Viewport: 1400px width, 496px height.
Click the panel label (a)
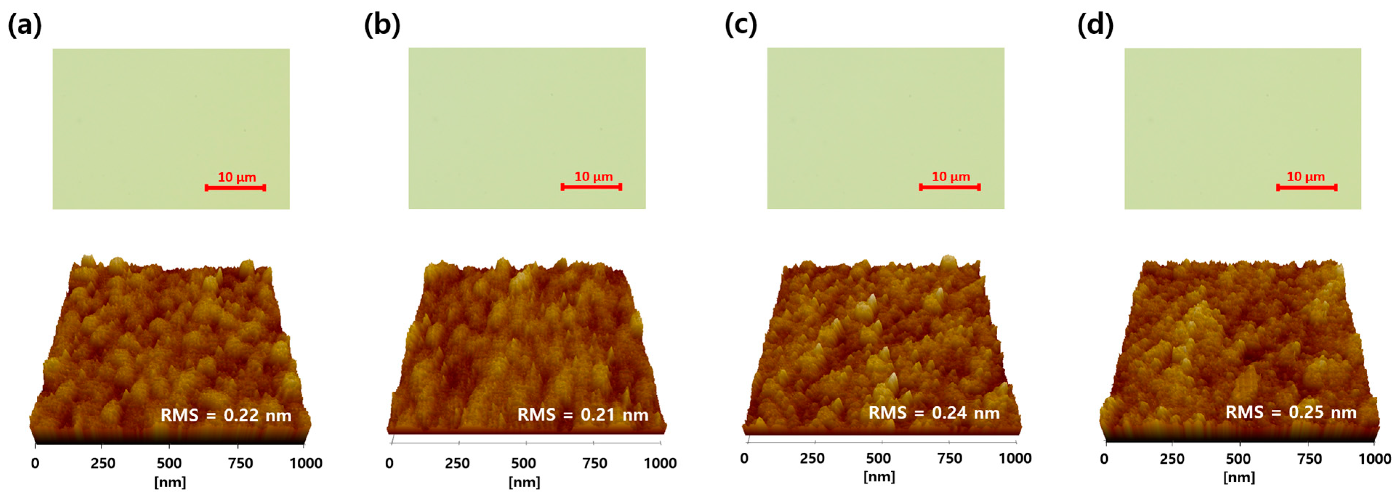click(24, 25)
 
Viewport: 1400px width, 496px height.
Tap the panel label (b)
click(382, 25)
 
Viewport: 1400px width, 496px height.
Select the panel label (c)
click(740, 25)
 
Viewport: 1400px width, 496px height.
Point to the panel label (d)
click(1095, 25)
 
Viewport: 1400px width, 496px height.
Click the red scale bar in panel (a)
click(235, 188)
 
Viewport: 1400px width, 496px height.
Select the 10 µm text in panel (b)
click(594, 177)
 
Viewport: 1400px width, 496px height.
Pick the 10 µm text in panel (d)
click(1306, 177)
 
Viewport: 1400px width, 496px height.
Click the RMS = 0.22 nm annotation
click(226, 416)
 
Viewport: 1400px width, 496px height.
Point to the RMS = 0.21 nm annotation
click(583, 415)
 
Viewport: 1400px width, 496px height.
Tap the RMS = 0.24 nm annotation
click(934, 413)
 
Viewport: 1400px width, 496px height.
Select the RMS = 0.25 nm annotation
click(1291, 412)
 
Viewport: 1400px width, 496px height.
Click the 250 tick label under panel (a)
click(103, 463)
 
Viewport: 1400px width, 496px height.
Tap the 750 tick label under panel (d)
click(1309, 459)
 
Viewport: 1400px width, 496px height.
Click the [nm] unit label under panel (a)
click(170, 482)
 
